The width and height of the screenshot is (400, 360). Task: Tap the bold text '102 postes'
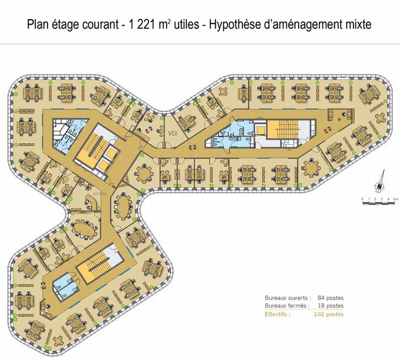[329, 314]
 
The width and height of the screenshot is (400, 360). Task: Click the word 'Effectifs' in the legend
[277, 314]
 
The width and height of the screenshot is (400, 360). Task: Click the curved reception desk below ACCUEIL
[92, 202]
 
